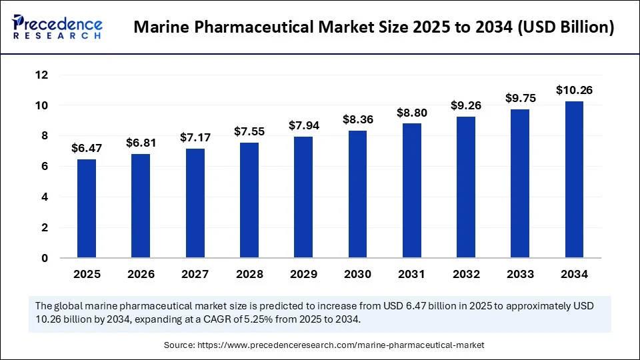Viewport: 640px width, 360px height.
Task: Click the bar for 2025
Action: pyautogui.click(x=87, y=208)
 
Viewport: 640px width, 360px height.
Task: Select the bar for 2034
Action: pyautogui.click(x=575, y=179)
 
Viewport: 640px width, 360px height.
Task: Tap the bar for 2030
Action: pyautogui.click(x=357, y=194)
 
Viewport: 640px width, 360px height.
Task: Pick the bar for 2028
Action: pyautogui.click(x=249, y=200)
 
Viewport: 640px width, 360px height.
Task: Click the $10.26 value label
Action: pyautogui.click(x=575, y=90)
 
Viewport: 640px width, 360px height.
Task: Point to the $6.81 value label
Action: pyautogui.click(x=141, y=143)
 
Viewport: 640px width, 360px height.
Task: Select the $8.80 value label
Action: pyautogui.click(x=412, y=113)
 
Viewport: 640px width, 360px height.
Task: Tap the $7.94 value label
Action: pyautogui.click(x=303, y=125)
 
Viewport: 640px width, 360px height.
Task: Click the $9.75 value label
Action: pyautogui.click(x=520, y=98)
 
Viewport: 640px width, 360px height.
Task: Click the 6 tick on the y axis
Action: pyautogui.click(x=45, y=167)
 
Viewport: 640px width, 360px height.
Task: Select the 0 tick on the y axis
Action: pyautogui.click(x=45, y=258)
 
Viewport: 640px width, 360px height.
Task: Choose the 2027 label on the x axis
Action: pyautogui.click(x=195, y=274)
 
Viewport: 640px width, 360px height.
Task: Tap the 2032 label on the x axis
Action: pyautogui.click(x=466, y=274)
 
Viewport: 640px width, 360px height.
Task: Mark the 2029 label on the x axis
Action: pyautogui.click(x=303, y=274)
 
